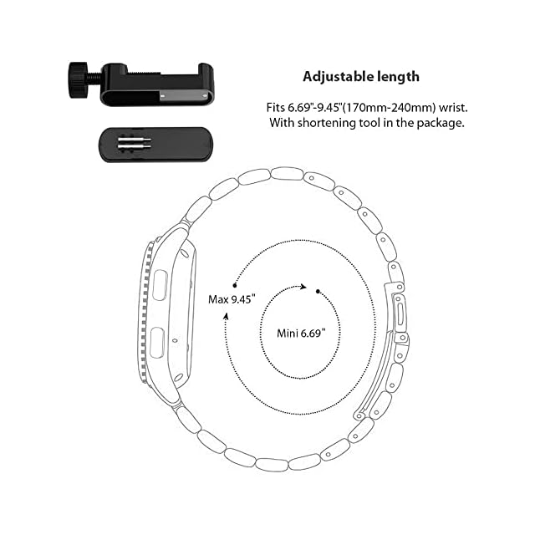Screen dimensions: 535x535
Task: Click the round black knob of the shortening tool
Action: point(79,80)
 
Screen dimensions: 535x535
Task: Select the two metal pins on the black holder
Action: point(135,143)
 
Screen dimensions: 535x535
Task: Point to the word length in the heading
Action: point(398,77)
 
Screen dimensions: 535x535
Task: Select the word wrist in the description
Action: point(453,108)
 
